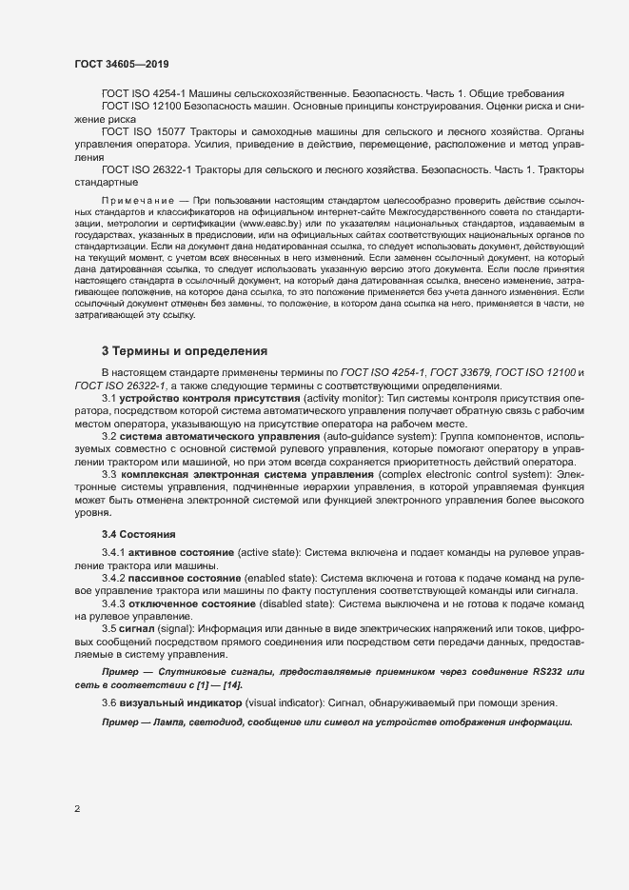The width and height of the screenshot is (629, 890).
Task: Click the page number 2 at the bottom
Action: coord(77,810)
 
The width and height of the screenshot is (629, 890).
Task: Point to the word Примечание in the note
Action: coord(137,203)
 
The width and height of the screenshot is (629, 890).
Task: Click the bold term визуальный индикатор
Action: coord(177,702)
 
